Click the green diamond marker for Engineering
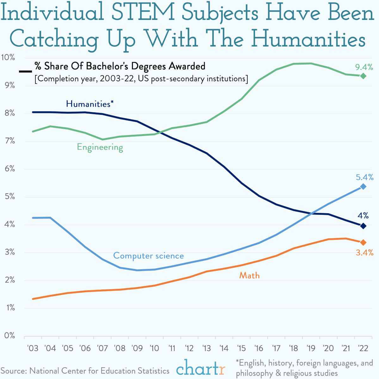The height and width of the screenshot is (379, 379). point(363,76)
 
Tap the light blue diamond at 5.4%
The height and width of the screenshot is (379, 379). point(363,187)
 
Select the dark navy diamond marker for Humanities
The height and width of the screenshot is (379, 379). point(363,226)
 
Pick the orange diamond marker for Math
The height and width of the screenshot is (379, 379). point(363,242)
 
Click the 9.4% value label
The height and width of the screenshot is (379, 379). point(364,67)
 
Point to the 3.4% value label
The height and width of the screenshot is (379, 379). point(364,253)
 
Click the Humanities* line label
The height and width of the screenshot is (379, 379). point(90,104)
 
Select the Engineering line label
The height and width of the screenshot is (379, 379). point(100,147)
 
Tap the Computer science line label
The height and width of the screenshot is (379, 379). point(148,256)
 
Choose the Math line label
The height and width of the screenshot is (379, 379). point(249,276)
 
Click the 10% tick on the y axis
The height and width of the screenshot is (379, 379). point(8,58)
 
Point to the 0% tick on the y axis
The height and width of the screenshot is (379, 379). point(9,336)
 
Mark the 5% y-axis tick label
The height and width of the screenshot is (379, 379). point(9,197)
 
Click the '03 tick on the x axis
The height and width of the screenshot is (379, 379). point(33,349)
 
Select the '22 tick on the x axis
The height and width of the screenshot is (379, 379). point(363,349)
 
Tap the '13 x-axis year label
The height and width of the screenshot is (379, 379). point(206,349)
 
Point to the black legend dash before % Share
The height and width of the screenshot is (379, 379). point(25,71)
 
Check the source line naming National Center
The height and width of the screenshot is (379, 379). point(85,371)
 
